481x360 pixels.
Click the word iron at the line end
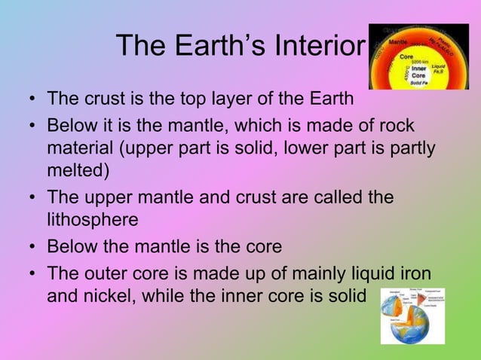point(415,272)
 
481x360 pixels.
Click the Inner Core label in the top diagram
point(419,72)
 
